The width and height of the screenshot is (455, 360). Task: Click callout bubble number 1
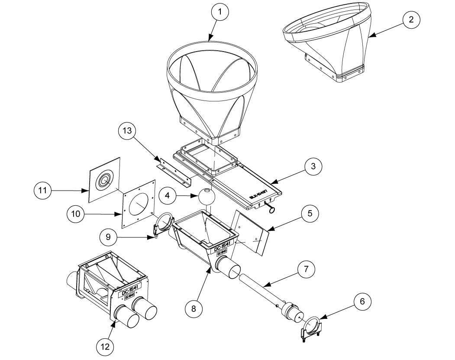coord(220,13)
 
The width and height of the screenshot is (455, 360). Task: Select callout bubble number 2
coord(411,19)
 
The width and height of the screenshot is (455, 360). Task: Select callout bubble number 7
coord(305,269)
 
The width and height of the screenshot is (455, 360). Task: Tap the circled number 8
coord(194,308)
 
